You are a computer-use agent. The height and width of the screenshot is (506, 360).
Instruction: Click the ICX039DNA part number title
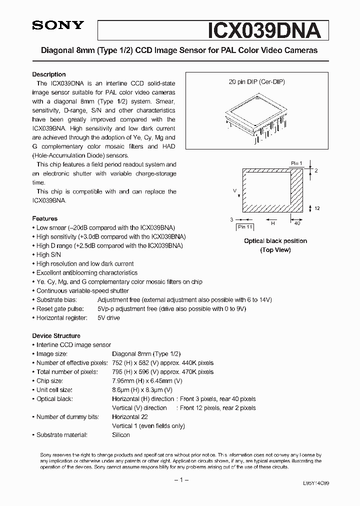tap(263, 30)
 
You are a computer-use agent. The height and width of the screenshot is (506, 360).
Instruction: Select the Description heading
tap(49, 74)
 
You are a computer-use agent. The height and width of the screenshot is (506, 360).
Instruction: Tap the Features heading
tap(44, 218)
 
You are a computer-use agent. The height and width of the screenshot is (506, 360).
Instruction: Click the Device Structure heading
tap(56, 336)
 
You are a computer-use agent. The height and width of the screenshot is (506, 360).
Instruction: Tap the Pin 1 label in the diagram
tap(297, 163)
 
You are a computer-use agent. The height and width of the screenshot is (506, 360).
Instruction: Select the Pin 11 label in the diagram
tap(245, 227)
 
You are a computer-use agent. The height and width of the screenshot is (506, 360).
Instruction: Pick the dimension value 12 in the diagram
tap(316, 208)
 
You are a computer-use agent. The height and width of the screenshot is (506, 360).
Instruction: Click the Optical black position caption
tap(275, 241)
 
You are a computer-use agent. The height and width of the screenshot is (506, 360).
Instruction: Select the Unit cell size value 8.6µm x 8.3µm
tap(142, 390)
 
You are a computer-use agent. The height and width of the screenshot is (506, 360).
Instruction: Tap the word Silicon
tap(121, 435)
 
